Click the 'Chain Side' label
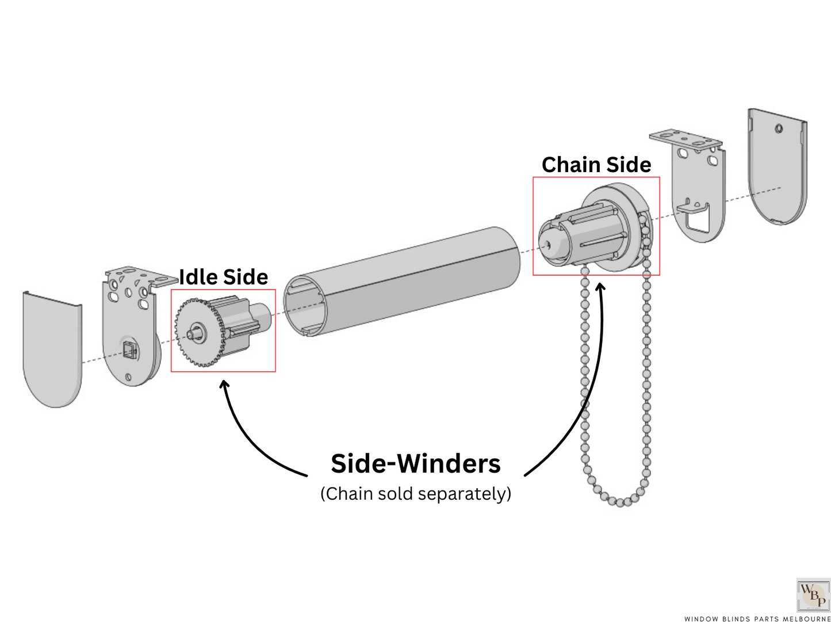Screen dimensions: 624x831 pos(596,165)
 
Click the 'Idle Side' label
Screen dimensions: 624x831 pos(223,277)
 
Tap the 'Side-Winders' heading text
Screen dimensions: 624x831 pos(416,463)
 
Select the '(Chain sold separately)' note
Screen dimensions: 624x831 pos(416,494)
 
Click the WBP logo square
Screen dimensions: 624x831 pos(813,595)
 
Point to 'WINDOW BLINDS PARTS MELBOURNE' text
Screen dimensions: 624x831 pos(757,619)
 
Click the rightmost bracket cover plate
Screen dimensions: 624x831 pos(777,167)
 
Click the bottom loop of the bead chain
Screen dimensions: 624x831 pos(620,502)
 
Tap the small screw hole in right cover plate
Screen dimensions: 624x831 pos(779,128)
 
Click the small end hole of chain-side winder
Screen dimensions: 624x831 pos(549,244)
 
